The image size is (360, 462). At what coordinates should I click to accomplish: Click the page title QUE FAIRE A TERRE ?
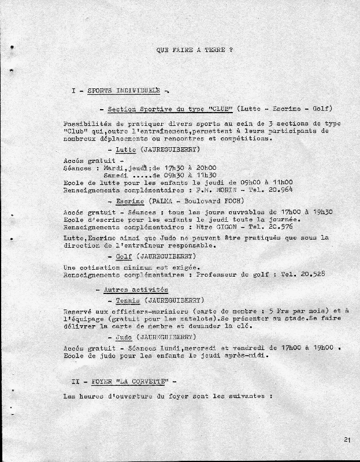tap(194, 50)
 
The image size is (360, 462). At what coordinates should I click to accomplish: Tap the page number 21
tap(347, 440)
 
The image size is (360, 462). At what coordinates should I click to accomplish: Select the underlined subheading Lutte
tap(125, 149)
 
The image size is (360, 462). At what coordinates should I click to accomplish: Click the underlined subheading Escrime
tap(130, 201)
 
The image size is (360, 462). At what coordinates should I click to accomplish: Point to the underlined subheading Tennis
tap(128, 300)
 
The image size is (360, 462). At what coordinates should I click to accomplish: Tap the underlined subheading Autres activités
tap(136, 289)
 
